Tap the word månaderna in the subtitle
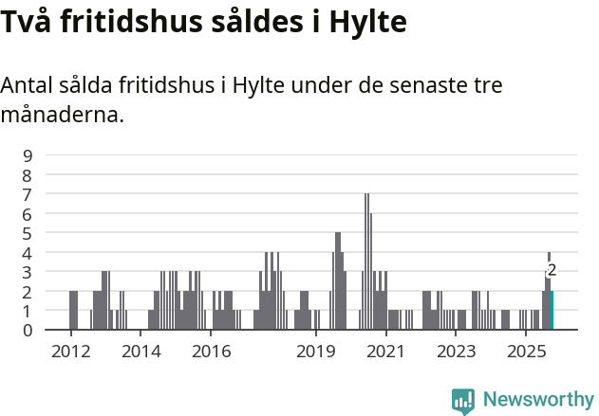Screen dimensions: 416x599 click(x=62, y=116)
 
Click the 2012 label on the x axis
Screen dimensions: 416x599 click(x=70, y=352)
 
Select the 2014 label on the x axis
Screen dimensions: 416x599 click(x=141, y=352)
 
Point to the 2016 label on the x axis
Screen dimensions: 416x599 click(x=212, y=352)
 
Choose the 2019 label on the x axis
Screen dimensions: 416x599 click(x=317, y=352)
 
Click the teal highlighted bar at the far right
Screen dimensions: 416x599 click(x=552, y=311)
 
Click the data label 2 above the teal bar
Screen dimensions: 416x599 click(x=552, y=270)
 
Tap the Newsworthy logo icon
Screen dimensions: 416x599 click(x=463, y=401)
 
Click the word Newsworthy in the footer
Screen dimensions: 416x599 click(x=537, y=400)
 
